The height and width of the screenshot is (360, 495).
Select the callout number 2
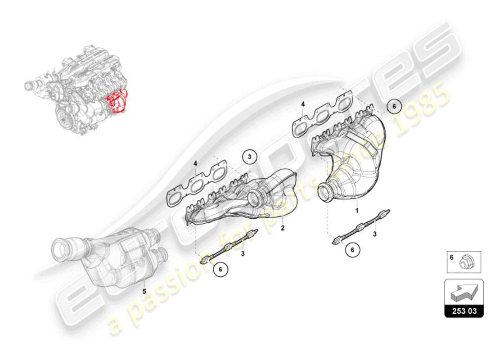click(283, 228)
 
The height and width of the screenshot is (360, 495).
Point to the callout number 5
click(144, 291)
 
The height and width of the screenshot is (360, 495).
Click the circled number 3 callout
click(250, 157)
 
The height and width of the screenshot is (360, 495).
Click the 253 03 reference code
click(463, 311)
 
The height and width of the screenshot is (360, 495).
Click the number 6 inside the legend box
click(451, 258)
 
